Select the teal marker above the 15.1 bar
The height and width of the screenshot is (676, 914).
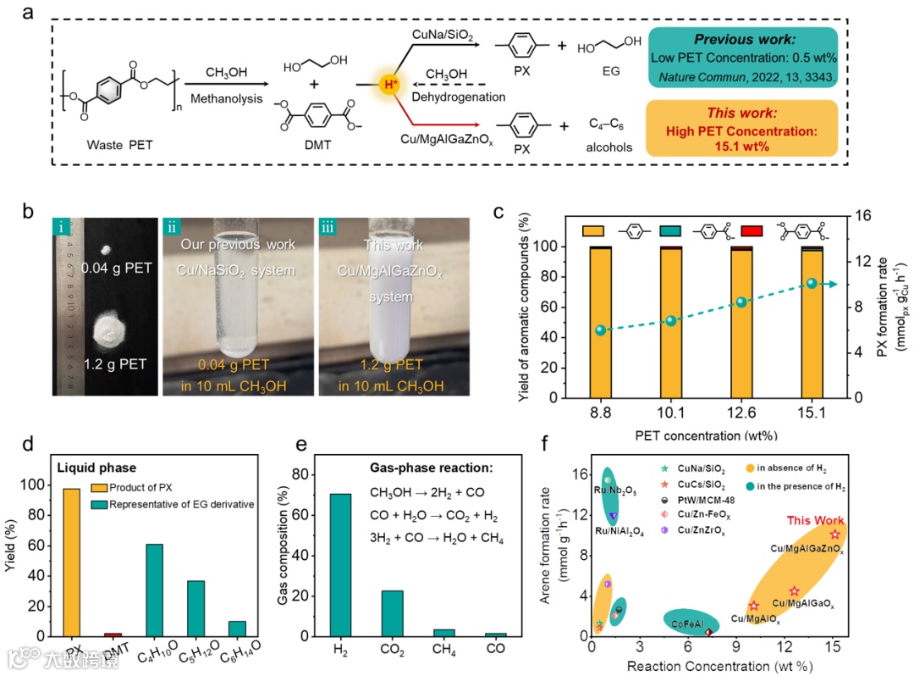pyautogui.click(x=812, y=283)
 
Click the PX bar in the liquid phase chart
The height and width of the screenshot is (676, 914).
pyautogui.click(x=73, y=562)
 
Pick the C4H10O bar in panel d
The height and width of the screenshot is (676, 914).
pyautogui.click(x=155, y=590)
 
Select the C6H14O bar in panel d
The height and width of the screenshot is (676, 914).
pyautogui.click(x=237, y=628)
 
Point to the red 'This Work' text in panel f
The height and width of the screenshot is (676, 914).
pyautogui.click(x=816, y=520)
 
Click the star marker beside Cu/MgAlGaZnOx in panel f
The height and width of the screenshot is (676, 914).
pyautogui.click(x=835, y=535)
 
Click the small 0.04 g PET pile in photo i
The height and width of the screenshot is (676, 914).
pyautogui.click(x=107, y=251)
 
